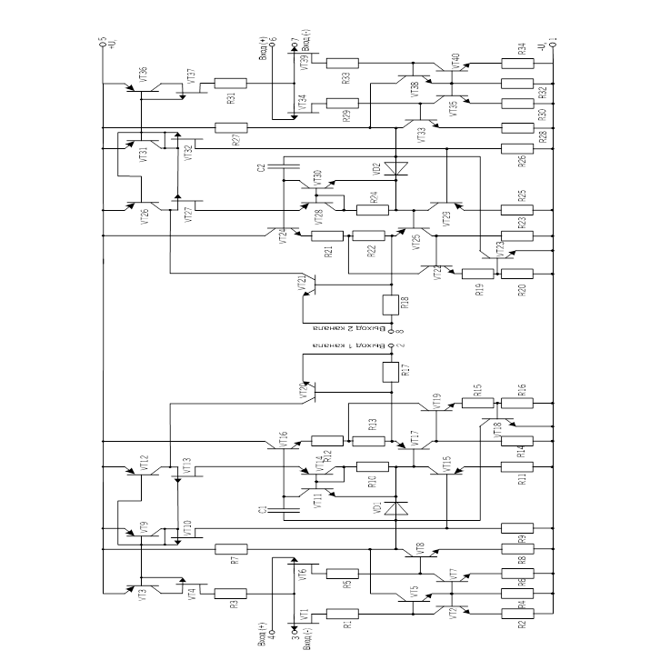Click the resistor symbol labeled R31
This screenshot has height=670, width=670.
(x=231, y=84)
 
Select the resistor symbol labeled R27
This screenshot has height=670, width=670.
(x=231, y=127)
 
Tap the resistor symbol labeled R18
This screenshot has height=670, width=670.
(x=392, y=304)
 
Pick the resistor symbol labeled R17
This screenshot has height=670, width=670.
(x=392, y=371)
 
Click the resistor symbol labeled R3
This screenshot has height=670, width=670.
(x=231, y=592)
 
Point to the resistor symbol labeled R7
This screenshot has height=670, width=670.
(x=231, y=549)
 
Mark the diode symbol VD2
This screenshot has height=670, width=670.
(x=393, y=168)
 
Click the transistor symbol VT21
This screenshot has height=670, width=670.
(x=309, y=286)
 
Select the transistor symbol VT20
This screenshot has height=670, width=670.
(x=309, y=390)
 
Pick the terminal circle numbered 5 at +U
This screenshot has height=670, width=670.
(x=102, y=42)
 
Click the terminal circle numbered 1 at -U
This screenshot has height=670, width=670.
(x=552, y=42)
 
